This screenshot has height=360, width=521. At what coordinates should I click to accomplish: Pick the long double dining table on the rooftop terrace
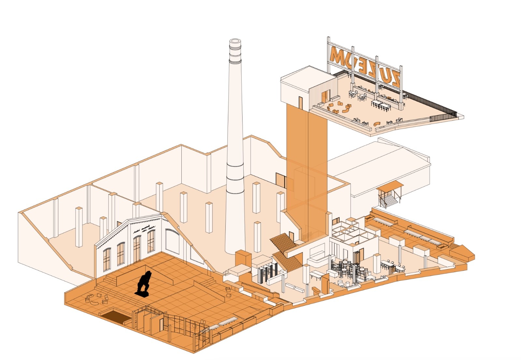coord(381,105)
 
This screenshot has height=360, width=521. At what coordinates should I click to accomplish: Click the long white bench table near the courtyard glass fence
coord(228,321)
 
